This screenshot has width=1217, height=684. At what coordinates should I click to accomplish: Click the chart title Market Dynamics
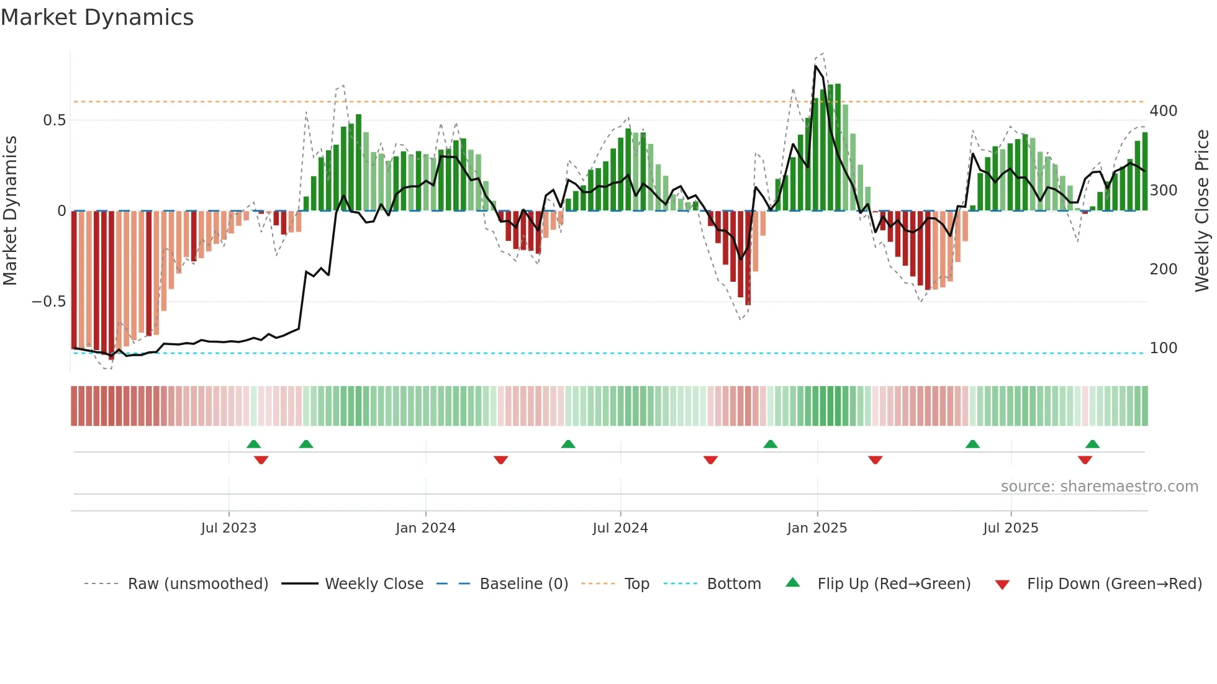(97, 17)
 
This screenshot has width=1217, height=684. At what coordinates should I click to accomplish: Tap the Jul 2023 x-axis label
(228, 528)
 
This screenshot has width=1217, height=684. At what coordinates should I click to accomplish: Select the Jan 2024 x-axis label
(425, 528)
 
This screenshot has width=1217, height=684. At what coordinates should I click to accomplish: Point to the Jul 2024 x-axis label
(620, 528)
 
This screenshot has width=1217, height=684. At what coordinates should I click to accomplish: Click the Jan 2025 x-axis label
(817, 528)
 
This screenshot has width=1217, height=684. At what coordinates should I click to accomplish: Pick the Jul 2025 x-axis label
(1010, 528)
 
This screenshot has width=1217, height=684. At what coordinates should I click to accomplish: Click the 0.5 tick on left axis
(54, 120)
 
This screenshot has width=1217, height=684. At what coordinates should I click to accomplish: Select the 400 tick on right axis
(1163, 111)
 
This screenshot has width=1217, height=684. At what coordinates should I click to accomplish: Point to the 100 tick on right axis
(1163, 348)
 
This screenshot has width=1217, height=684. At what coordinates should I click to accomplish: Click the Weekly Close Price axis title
(1202, 211)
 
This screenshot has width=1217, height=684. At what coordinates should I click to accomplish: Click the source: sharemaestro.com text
(1099, 487)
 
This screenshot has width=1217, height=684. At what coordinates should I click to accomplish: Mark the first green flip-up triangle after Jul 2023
(253, 444)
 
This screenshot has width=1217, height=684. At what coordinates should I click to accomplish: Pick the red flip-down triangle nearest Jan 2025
(875, 460)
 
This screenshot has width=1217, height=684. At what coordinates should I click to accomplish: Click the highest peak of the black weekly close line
(815, 66)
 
